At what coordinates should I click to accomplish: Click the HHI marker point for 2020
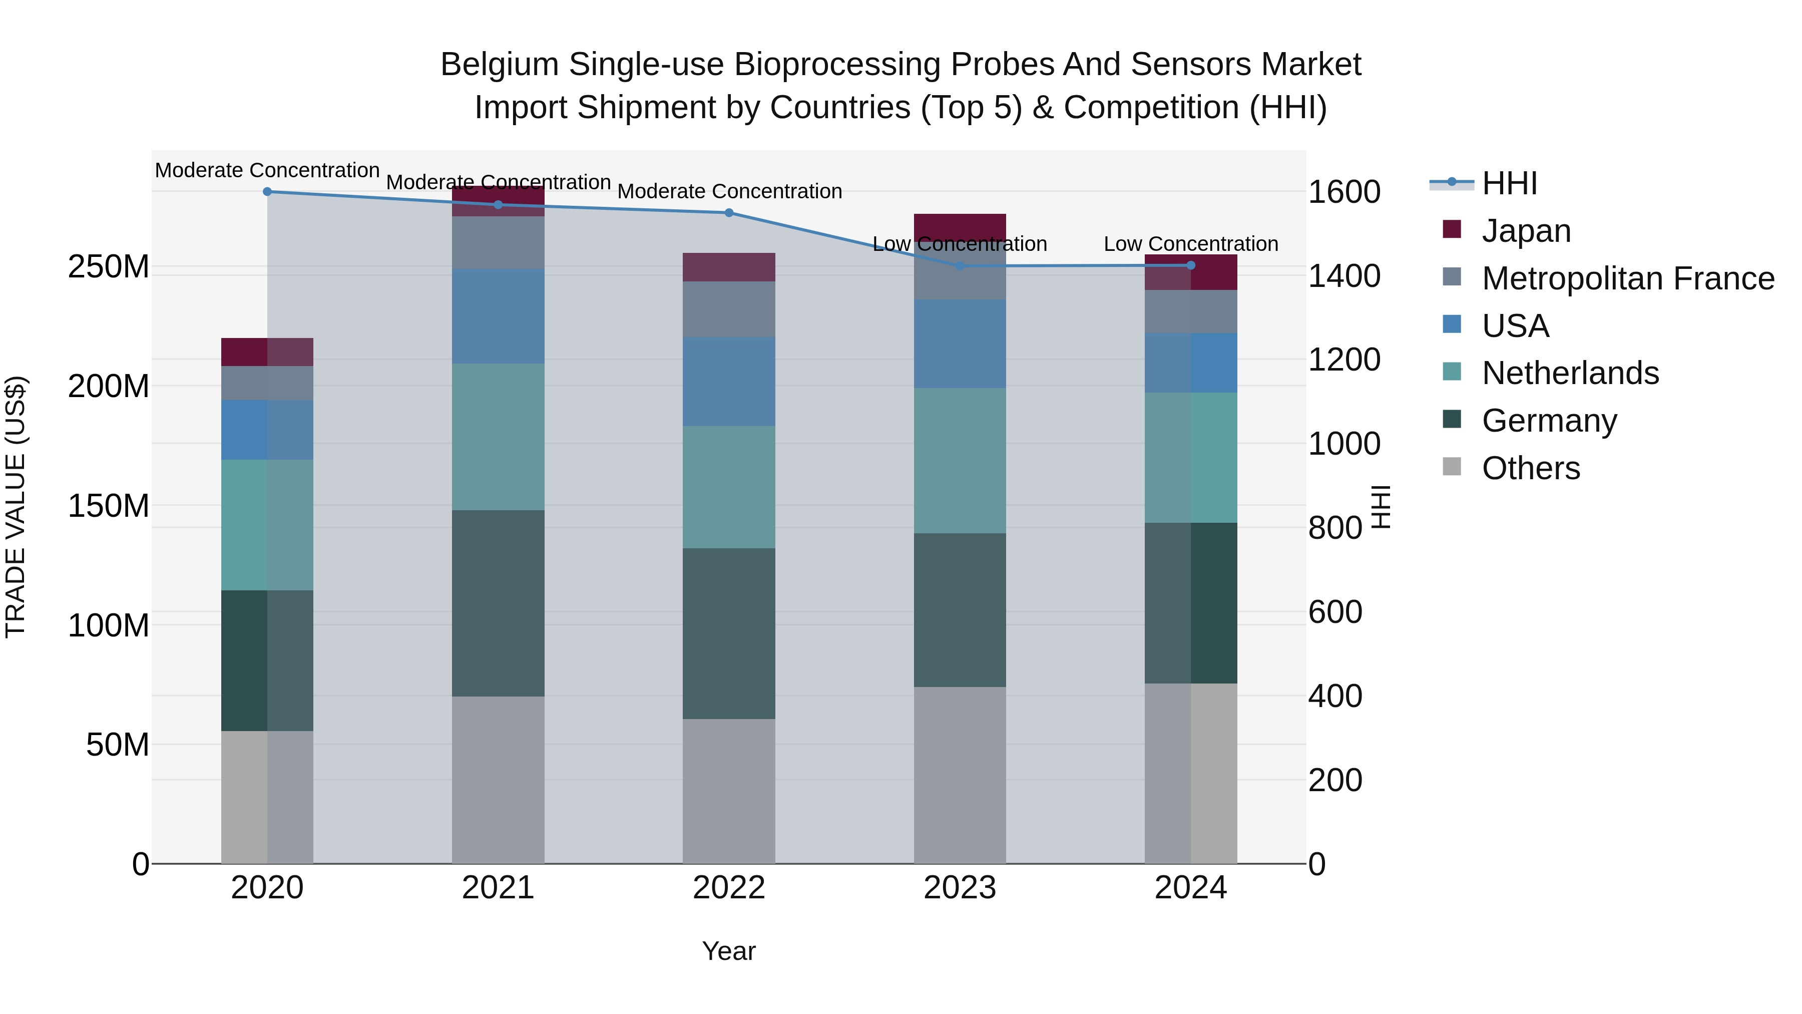coord(267,192)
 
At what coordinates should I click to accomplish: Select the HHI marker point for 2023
coord(960,266)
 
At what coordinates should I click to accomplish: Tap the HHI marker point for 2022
coord(729,213)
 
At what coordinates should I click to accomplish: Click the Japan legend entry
coord(1526,230)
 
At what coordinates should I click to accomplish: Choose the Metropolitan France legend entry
coord(1627,278)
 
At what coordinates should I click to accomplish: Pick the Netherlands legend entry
coord(1570,373)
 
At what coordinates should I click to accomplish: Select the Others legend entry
coord(1531,468)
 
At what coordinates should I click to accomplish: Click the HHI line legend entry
coord(1509,183)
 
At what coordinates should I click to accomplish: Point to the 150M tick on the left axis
coord(109,505)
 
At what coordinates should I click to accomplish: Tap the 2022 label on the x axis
coord(729,888)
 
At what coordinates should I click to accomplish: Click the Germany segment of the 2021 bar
coord(498,603)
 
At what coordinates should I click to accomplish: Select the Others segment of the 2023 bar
coord(960,775)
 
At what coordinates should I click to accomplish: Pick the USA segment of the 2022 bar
coord(729,382)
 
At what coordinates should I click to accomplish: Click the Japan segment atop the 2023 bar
coord(960,225)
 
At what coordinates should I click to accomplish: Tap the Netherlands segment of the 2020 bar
coord(267,525)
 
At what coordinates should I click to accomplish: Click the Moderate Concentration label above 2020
coord(267,171)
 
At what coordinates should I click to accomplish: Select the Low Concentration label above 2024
coord(1191,244)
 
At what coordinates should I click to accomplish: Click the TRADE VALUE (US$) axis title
coord(16,507)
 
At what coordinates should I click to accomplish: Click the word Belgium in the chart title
coord(499,65)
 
